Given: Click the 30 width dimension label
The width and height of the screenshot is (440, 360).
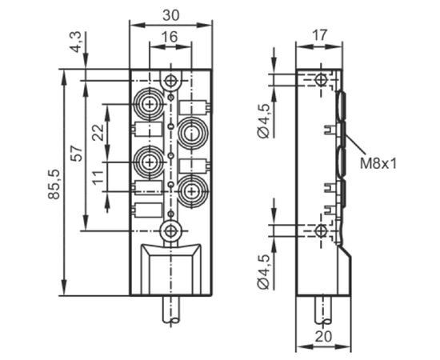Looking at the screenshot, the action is coord(170,15).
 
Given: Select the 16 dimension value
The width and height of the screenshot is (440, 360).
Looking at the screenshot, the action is coord(170,37).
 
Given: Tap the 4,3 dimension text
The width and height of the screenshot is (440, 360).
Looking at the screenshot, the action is coord(75,42).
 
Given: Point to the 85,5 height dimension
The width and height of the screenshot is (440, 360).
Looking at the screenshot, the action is coord(54,184).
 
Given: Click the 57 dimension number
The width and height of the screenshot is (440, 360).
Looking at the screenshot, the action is coord(77,154).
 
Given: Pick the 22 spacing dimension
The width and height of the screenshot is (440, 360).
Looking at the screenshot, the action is coord(98,132).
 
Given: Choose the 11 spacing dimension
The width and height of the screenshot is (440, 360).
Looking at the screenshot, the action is coord(98,177).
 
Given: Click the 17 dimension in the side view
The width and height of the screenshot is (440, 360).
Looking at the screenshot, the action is coord(320,35).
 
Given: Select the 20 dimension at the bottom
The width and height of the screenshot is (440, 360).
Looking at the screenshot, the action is coord(323,337).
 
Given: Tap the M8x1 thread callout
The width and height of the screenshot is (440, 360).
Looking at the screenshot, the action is coord(378,163).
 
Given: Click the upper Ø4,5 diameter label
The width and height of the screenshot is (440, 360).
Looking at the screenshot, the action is coord(264,121).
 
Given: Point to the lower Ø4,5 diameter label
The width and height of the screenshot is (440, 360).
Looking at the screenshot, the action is coord(264,272).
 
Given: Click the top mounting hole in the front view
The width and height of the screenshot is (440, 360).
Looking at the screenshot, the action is coord(170,81).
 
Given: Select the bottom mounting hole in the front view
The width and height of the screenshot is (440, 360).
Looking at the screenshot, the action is coord(170,231).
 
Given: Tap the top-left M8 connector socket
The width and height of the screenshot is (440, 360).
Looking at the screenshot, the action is coord(150,104).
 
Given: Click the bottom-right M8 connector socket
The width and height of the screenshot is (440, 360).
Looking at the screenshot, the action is coord(192,192).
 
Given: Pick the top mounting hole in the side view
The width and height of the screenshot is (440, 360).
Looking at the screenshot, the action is coord(320,80).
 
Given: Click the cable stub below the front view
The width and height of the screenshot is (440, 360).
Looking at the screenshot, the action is coord(171,310).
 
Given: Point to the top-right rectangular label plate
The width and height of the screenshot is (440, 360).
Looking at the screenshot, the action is coord(194,107).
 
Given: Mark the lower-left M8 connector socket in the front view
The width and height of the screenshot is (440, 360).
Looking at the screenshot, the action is coord(150,162).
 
